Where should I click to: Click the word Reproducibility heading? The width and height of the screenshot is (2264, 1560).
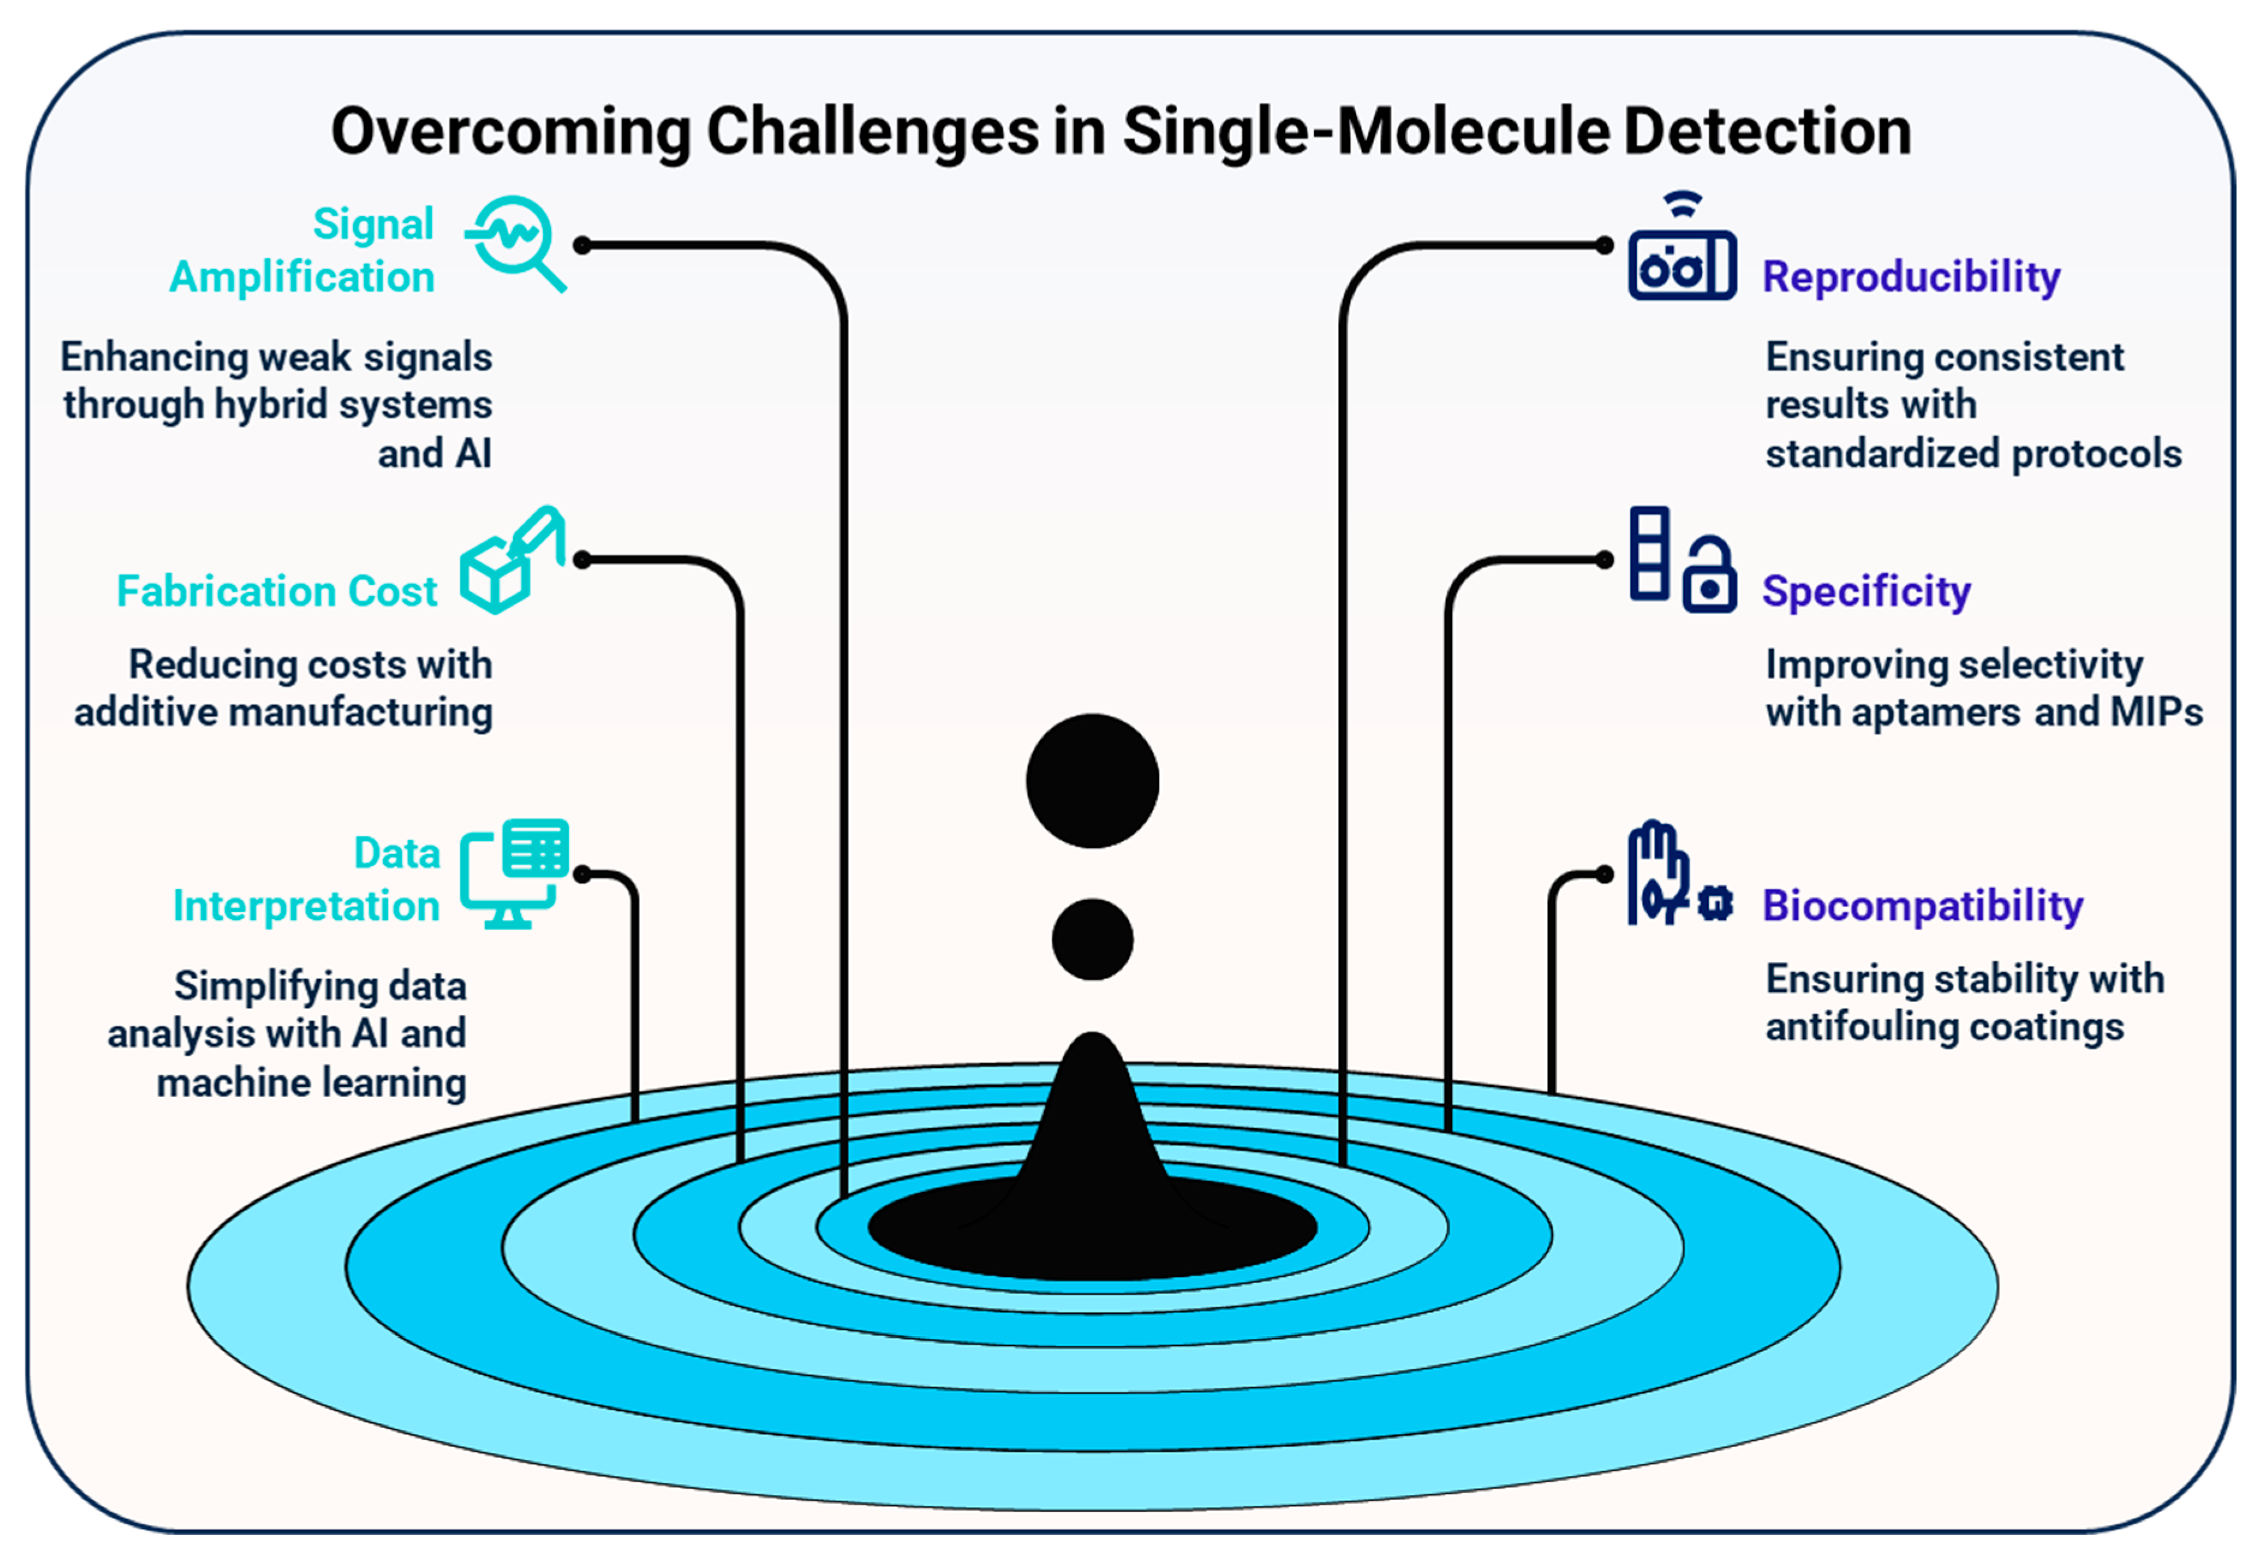pyautogui.click(x=1910, y=276)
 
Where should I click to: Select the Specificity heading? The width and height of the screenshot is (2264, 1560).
pyautogui.click(x=1865, y=591)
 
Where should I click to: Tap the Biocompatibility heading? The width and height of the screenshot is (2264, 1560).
pyautogui.click(x=1922, y=906)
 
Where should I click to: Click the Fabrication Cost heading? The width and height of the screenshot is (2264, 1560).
pyautogui.click(x=276, y=591)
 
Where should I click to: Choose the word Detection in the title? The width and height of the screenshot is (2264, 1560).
pyautogui.click(x=1767, y=132)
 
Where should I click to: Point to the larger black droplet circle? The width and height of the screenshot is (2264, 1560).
pyautogui.click(x=1092, y=781)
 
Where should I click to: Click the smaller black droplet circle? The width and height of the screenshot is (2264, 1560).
pyautogui.click(x=1092, y=939)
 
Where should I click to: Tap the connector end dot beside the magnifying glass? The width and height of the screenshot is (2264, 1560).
pyautogui.click(x=583, y=245)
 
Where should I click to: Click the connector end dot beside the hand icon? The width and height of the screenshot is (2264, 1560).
pyautogui.click(x=1603, y=874)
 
